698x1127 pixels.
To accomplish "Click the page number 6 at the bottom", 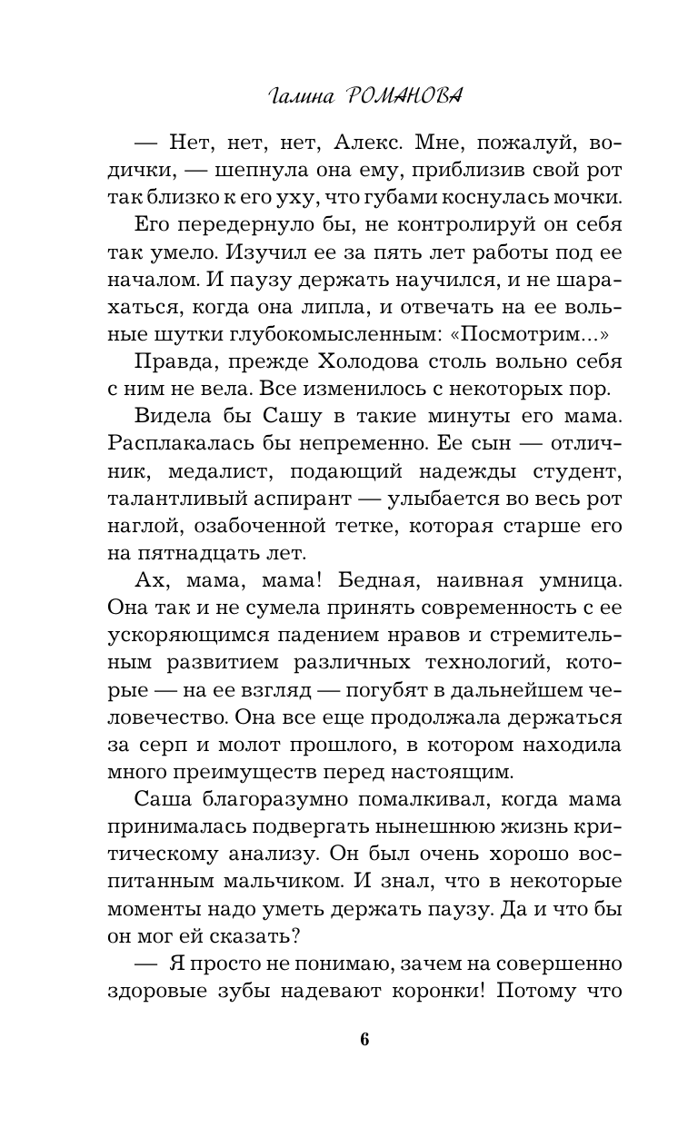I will (364, 1041).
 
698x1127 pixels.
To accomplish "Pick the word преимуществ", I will (243, 771).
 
